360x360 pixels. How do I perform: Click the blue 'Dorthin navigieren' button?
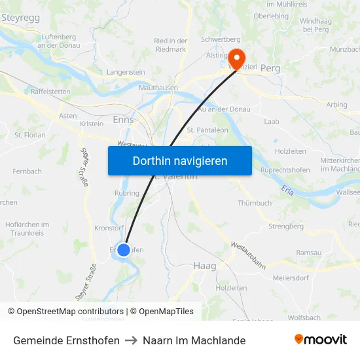[x=180, y=160]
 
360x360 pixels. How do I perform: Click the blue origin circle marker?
[x=123, y=249]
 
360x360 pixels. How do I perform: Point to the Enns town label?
[x=123, y=120]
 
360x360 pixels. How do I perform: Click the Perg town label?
[x=270, y=68]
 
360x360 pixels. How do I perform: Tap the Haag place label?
[x=205, y=266]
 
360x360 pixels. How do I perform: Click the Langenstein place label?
[x=126, y=72]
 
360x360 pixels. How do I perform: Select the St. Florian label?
[x=29, y=135]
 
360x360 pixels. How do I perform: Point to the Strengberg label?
[x=286, y=226]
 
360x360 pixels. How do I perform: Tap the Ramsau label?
[x=309, y=252]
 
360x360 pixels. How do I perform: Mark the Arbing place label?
[x=336, y=105]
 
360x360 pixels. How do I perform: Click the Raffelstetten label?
[x=50, y=92]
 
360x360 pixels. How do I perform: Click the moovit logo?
[x=320, y=340]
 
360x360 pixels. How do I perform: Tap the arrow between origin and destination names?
[x=131, y=340]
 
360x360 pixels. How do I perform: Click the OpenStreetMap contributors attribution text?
[x=65, y=312]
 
